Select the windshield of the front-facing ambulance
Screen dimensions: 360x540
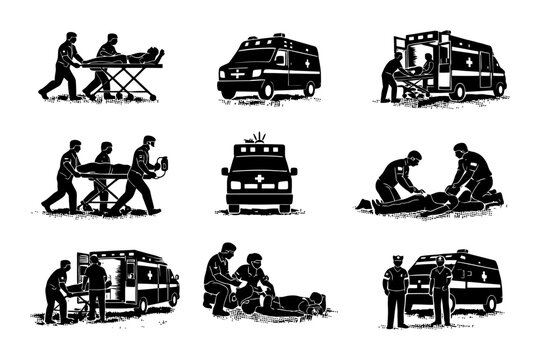(x=260, y=162)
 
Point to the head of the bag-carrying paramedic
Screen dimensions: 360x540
(x=148, y=143)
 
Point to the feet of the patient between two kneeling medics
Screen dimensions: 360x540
(x=365, y=205)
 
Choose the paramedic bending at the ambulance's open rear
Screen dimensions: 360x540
(x=391, y=76)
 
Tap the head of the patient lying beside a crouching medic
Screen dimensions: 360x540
(x=317, y=298)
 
